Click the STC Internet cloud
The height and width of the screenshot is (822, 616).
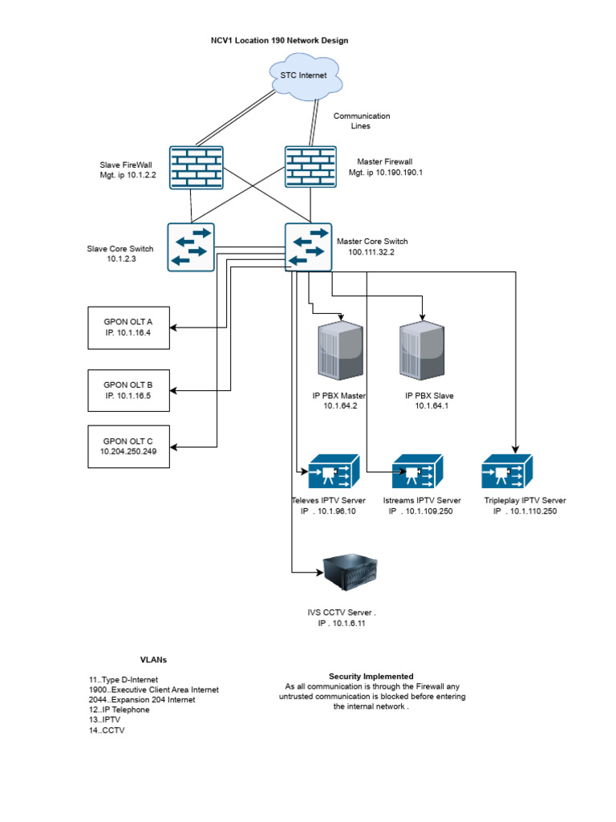point(304,75)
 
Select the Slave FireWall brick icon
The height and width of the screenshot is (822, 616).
point(197,167)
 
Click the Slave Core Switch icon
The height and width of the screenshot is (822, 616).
point(191,246)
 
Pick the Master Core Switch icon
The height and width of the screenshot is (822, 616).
point(307,246)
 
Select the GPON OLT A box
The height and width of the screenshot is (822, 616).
point(128,328)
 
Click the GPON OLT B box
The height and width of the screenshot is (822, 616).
point(128,389)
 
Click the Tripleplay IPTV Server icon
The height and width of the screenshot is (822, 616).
point(507,471)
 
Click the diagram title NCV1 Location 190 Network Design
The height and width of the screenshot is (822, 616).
point(279,39)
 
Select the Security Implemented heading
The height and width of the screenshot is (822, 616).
point(371,676)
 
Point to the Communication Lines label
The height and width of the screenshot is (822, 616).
point(362,121)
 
